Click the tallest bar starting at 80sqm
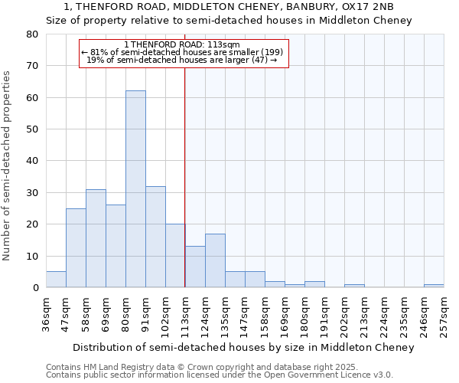135,189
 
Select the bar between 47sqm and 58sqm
76,247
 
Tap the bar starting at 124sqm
215,260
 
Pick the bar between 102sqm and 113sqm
175,256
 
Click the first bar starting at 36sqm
56,280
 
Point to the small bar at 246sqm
434,286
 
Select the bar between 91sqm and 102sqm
155,237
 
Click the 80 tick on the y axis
32,34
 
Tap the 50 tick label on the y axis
32,129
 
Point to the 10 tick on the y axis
32,256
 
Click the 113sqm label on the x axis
184,312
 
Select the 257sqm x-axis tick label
443,312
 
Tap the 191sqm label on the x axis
324,312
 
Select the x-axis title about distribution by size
245,348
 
